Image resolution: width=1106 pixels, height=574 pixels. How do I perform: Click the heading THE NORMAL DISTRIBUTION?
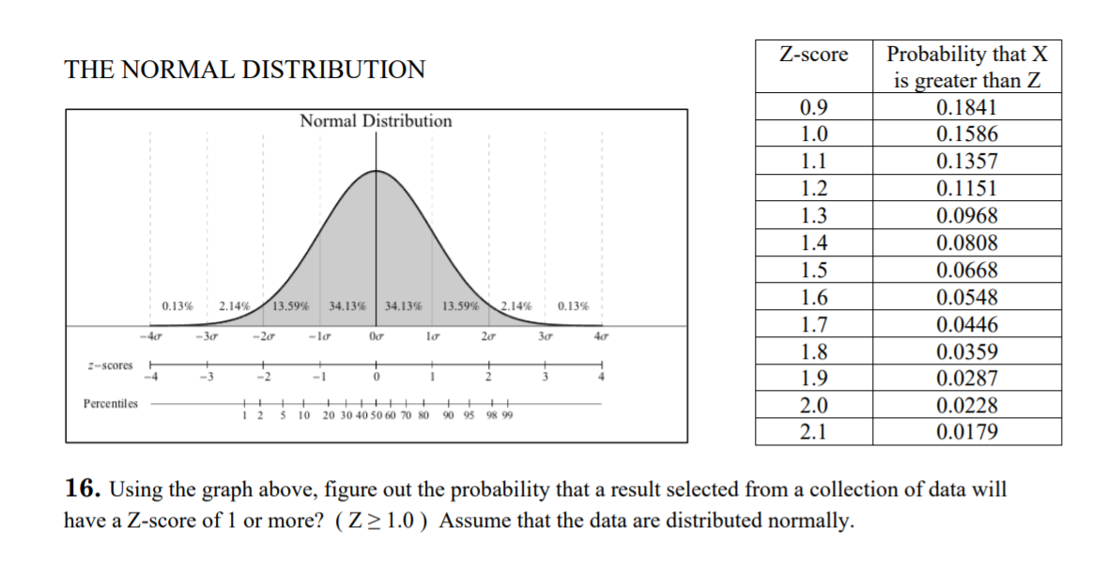pos(244,70)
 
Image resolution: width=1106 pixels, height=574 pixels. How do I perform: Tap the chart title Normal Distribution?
pos(376,121)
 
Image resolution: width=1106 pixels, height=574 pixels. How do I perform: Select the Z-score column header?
pos(813,54)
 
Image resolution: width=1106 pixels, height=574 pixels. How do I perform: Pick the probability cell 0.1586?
pos(966,133)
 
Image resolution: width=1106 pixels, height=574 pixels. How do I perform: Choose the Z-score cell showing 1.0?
pos(813,133)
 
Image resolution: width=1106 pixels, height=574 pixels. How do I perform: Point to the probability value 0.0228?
pos(966,406)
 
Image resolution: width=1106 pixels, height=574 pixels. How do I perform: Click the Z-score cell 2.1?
pos(813,432)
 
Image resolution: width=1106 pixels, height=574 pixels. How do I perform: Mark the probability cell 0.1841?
pos(966,106)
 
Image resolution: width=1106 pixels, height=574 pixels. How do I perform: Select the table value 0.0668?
pos(966,271)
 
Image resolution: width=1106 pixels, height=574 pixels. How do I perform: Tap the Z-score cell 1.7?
pos(813,325)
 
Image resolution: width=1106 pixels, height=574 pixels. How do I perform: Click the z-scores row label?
pos(110,365)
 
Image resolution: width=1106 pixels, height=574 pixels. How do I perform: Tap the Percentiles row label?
pos(109,404)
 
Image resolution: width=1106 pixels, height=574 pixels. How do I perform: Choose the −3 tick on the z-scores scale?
pos(207,378)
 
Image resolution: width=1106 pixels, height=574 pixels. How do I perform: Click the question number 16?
pos(83,489)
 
